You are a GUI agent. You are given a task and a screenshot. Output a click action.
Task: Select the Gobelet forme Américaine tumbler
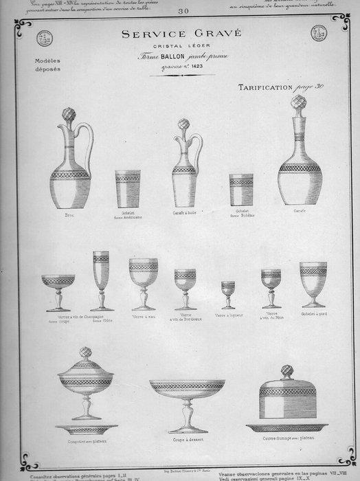(127, 190)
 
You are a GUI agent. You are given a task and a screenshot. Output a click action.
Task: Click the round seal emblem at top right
(319, 33)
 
